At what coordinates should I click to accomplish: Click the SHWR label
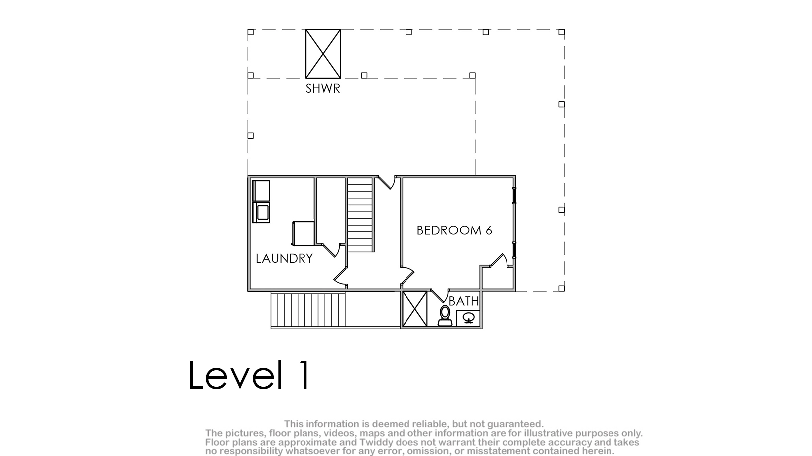[x=322, y=88]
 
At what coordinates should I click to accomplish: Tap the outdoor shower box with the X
[x=323, y=54]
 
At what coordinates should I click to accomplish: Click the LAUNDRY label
[x=284, y=259]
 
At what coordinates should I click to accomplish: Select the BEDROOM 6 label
[x=454, y=230]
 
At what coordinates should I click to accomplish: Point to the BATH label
[x=464, y=301]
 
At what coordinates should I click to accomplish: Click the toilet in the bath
[x=445, y=316]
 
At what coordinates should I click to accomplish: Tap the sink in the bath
[x=468, y=318]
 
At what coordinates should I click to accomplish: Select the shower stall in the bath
[x=415, y=309]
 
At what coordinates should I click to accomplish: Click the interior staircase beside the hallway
[x=360, y=215]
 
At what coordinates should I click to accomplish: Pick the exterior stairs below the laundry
[x=308, y=310]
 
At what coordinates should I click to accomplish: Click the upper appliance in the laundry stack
[x=261, y=191]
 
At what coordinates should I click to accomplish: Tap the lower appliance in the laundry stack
[x=261, y=212]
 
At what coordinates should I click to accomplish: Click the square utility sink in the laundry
[x=303, y=233]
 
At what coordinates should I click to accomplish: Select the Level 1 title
[x=249, y=375]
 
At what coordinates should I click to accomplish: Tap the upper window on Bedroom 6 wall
[x=514, y=196]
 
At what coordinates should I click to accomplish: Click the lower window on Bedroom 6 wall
[x=514, y=250]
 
